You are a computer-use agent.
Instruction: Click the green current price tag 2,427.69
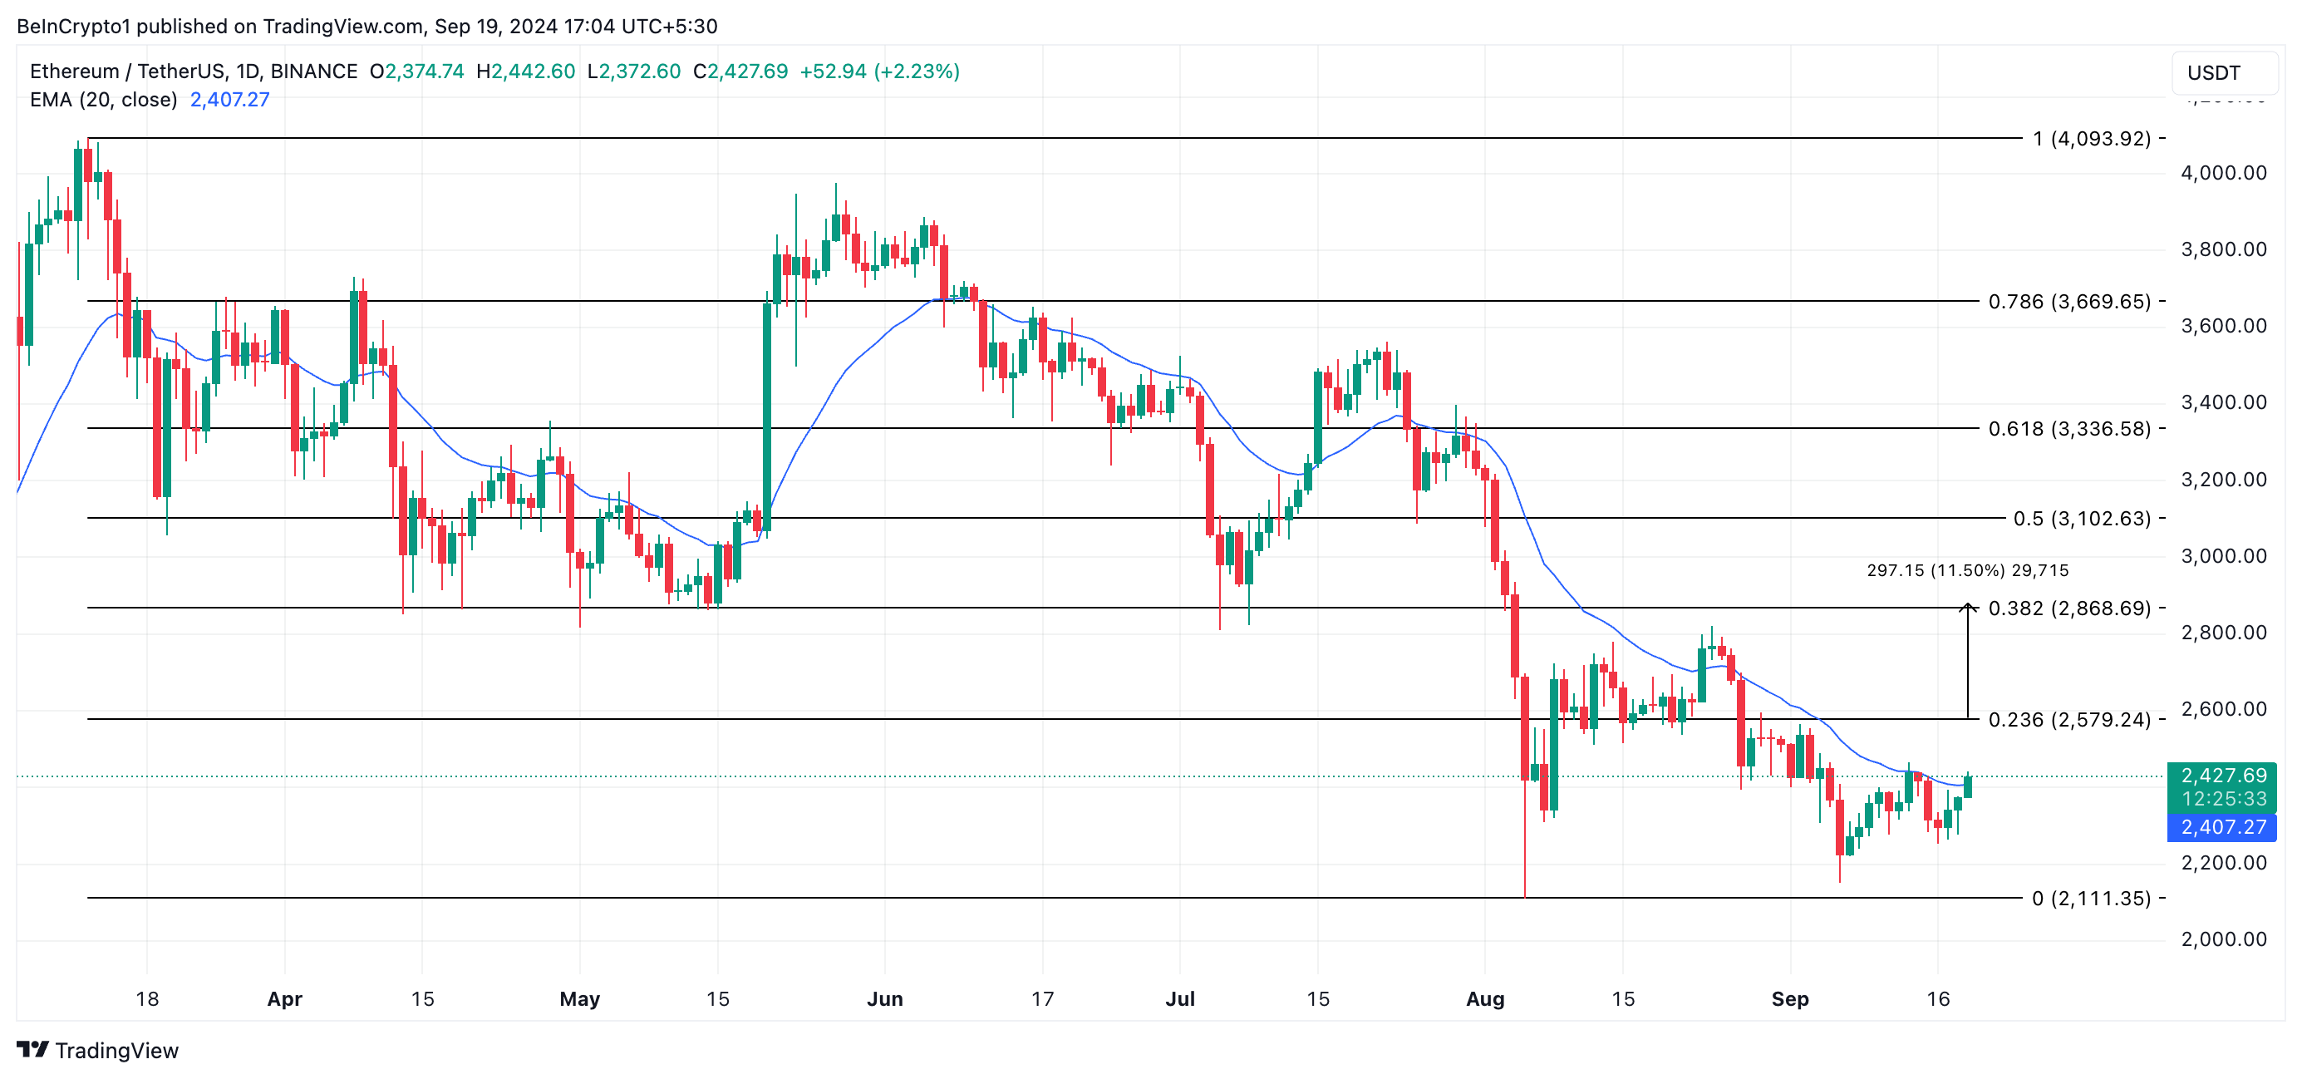[x=2222, y=775]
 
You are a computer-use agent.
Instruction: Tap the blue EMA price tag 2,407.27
[x=2222, y=827]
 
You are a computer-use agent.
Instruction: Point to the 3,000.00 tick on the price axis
[x=2222, y=556]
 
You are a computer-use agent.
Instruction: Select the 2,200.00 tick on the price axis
[x=2222, y=863]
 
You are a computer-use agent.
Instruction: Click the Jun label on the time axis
[x=885, y=998]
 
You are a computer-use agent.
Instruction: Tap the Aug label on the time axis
[x=1484, y=998]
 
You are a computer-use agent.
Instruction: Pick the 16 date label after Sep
[x=1937, y=998]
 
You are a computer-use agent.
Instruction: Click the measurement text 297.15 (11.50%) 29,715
[x=1967, y=570]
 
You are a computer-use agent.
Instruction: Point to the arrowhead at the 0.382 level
[x=1968, y=608]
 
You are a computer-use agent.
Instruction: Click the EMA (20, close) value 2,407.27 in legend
[x=229, y=99]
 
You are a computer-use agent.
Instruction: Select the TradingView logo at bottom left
[x=98, y=1051]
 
